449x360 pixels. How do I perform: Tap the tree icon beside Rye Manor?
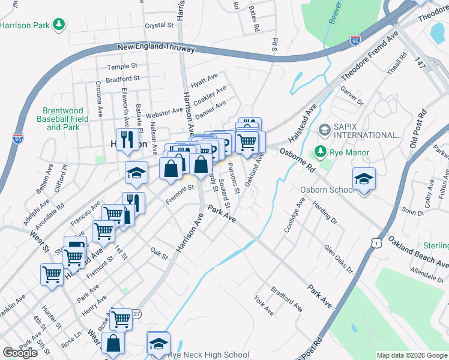[x=322, y=152]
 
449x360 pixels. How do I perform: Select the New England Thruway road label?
[x=156, y=47]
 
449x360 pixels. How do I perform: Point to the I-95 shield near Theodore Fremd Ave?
[x=355, y=40]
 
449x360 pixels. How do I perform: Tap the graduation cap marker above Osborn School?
[x=364, y=179]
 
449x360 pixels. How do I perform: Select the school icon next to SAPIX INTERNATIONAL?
[x=325, y=130]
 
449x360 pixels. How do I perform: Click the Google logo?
[x=20, y=353]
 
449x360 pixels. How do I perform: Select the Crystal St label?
[x=159, y=26]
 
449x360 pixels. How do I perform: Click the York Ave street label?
[x=264, y=305]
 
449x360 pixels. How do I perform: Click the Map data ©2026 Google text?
[x=412, y=355]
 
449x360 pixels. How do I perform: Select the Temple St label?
[x=122, y=67]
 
